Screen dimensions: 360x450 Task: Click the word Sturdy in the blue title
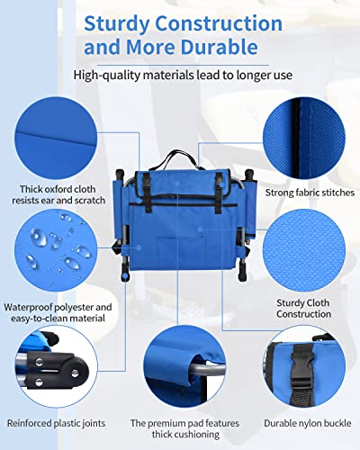[116, 24]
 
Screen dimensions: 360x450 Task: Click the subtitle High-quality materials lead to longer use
[183, 75]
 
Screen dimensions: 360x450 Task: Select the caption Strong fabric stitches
[310, 193]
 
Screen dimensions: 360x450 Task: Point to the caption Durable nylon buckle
[308, 423]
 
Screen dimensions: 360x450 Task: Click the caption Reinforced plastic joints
[56, 423]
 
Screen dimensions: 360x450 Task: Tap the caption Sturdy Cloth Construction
[303, 309]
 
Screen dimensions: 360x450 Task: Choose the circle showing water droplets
[56, 250]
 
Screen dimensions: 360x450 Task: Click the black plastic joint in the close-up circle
[56, 369]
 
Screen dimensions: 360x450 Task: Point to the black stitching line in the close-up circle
[296, 138]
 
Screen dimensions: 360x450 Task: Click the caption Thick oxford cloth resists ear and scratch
[58, 194]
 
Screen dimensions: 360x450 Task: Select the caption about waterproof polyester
[58, 312]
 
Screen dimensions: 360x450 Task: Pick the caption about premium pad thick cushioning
[184, 428]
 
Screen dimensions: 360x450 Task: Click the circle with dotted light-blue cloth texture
[304, 250]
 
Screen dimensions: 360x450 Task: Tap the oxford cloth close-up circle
[56, 138]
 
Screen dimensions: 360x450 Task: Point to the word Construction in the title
[219, 24]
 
